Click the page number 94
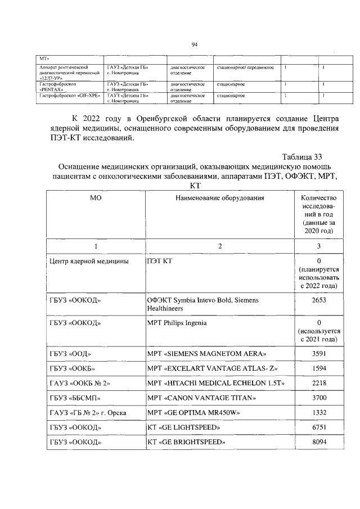point(194,46)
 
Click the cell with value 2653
point(318,300)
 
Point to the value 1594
point(318,368)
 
